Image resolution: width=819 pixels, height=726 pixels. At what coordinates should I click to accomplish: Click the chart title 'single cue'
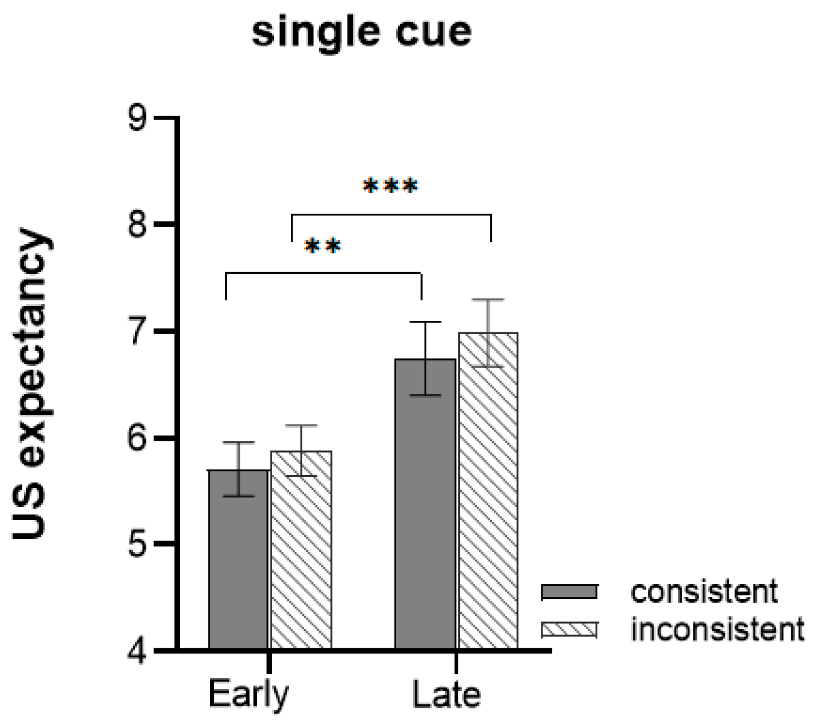[361, 31]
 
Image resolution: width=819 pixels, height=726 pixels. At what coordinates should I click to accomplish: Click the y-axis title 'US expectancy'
[33, 384]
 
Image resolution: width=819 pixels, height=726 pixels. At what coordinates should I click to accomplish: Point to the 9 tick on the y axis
[138, 119]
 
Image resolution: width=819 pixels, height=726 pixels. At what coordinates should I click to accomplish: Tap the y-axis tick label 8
[138, 225]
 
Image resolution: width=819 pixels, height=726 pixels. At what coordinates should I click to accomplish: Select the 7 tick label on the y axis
[138, 332]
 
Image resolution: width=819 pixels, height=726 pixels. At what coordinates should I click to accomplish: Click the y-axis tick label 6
[138, 438]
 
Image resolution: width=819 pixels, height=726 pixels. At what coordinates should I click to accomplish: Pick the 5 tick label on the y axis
[138, 545]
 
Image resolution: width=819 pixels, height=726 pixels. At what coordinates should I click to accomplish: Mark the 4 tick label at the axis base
[138, 651]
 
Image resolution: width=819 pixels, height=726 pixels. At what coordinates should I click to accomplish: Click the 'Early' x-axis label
[248, 694]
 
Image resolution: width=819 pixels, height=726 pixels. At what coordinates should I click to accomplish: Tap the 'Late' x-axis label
[446, 694]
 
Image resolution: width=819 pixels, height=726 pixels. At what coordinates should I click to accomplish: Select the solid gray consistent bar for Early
[238, 560]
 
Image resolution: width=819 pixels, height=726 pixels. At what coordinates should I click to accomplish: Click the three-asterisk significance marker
[390, 186]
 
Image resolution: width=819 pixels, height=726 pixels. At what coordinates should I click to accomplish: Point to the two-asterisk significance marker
[323, 246]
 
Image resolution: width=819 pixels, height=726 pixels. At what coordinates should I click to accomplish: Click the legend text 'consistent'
[704, 592]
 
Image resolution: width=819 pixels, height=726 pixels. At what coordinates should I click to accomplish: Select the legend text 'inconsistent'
[717, 630]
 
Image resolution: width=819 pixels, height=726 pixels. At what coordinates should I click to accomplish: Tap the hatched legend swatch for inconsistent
[569, 630]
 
